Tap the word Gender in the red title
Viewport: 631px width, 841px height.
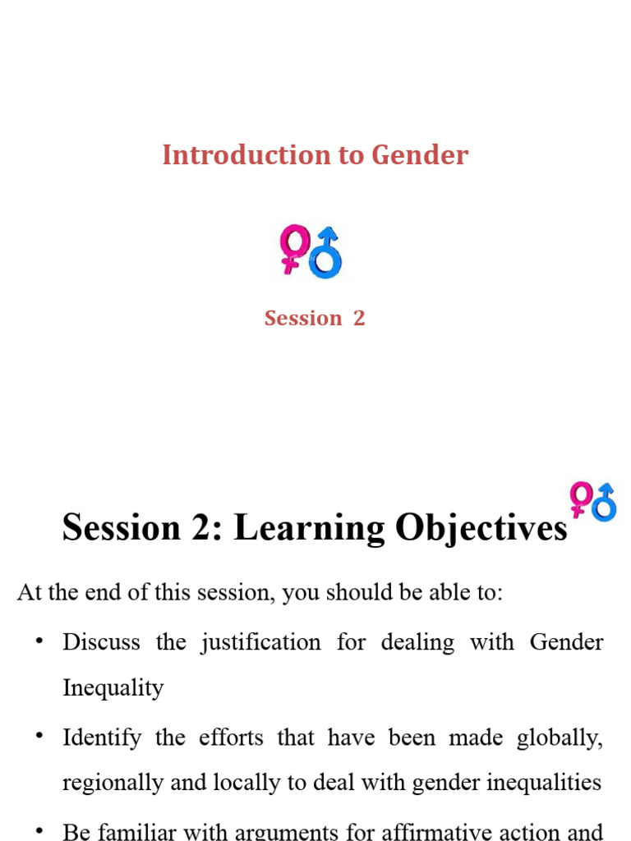420,155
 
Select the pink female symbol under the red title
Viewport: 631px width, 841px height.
292,247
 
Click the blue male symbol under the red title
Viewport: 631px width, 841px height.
326,252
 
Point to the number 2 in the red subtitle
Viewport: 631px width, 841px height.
359,319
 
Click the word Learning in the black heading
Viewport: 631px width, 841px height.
309,528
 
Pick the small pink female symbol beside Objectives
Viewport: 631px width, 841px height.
581,498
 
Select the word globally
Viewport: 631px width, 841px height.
560,738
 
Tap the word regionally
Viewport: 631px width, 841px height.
108,782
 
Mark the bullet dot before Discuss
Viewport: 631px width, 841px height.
39,641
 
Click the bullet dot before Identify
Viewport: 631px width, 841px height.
39,737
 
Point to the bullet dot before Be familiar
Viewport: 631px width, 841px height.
39,830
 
